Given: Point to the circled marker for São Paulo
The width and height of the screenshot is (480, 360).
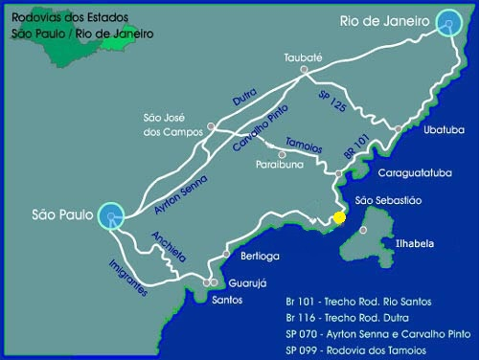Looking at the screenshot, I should (x=112, y=217).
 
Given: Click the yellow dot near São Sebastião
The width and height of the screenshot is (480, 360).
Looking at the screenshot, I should (x=338, y=217).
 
